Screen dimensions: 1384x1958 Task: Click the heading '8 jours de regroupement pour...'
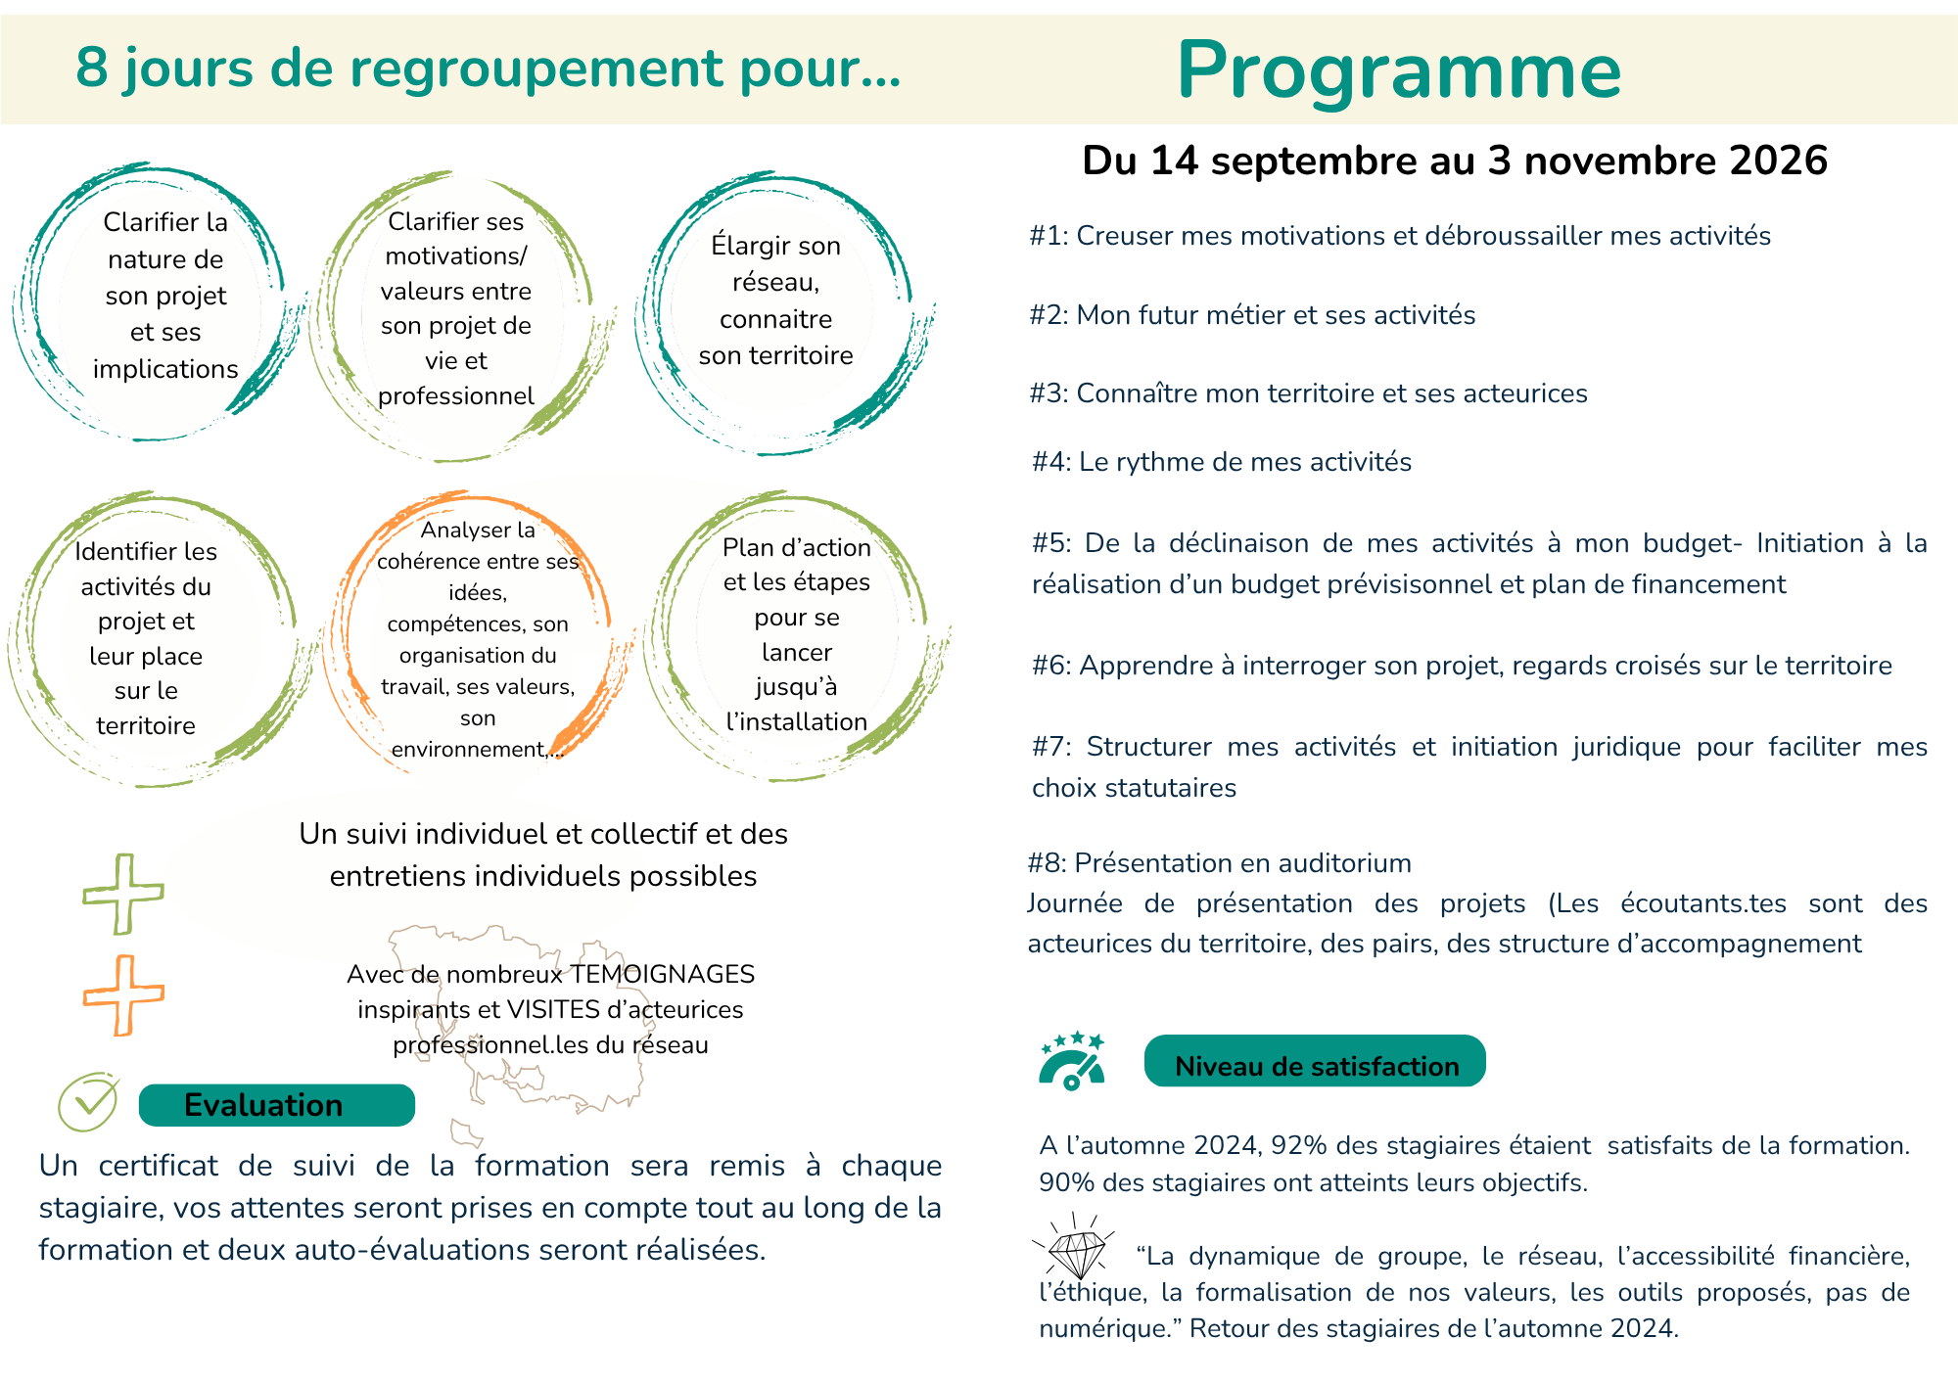pyautogui.click(x=488, y=69)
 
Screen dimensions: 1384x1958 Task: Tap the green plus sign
pyautogui.click(x=123, y=894)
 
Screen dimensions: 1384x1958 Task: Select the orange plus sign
pyautogui.click(x=123, y=995)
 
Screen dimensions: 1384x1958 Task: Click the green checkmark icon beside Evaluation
pyautogui.click(x=88, y=1102)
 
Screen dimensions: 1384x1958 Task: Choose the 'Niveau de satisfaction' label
pyautogui.click(x=1316, y=1065)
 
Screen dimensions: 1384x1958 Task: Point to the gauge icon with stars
pyautogui.click(x=1071, y=1061)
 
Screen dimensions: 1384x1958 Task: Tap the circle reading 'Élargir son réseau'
pyautogui.click(x=776, y=300)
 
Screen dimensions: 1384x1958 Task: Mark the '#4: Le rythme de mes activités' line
pyautogui.click(x=1222, y=462)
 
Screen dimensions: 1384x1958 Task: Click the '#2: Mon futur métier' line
pyautogui.click(x=1252, y=315)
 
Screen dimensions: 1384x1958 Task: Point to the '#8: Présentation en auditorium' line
pyautogui.click(x=1219, y=863)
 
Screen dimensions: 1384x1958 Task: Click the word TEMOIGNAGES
pyautogui.click(x=663, y=975)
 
